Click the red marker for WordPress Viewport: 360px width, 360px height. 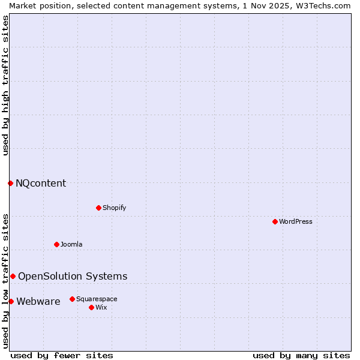click(x=275, y=221)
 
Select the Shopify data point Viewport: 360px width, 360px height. click(x=98, y=208)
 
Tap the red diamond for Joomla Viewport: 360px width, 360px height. click(x=56, y=244)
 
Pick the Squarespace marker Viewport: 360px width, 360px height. click(x=72, y=299)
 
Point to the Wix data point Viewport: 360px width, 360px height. click(x=91, y=307)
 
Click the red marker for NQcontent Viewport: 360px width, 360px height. click(x=10, y=183)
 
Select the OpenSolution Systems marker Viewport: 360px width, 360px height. click(x=13, y=276)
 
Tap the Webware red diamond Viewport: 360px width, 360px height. click(x=11, y=301)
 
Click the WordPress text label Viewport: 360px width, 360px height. click(x=296, y=221)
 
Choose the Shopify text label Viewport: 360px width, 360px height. click(x=114, y=208)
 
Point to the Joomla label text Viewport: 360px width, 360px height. click(x=71, y=244)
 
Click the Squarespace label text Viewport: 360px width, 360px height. click(x=97, y=299)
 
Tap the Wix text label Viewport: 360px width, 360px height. click(x=101, y=307)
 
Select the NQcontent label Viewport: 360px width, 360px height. click(x=41, y=183)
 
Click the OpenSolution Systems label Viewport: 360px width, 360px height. click(x=73, y=276)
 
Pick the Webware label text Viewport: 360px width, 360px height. click(x=38, y=301)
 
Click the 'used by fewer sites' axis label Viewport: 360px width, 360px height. click(x=62, y=355)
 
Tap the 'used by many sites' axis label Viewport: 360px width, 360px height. click(x=301, y=355)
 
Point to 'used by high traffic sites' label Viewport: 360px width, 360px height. click(x=5, y=85)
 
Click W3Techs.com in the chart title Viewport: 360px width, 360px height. click(x=322, y=5)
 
